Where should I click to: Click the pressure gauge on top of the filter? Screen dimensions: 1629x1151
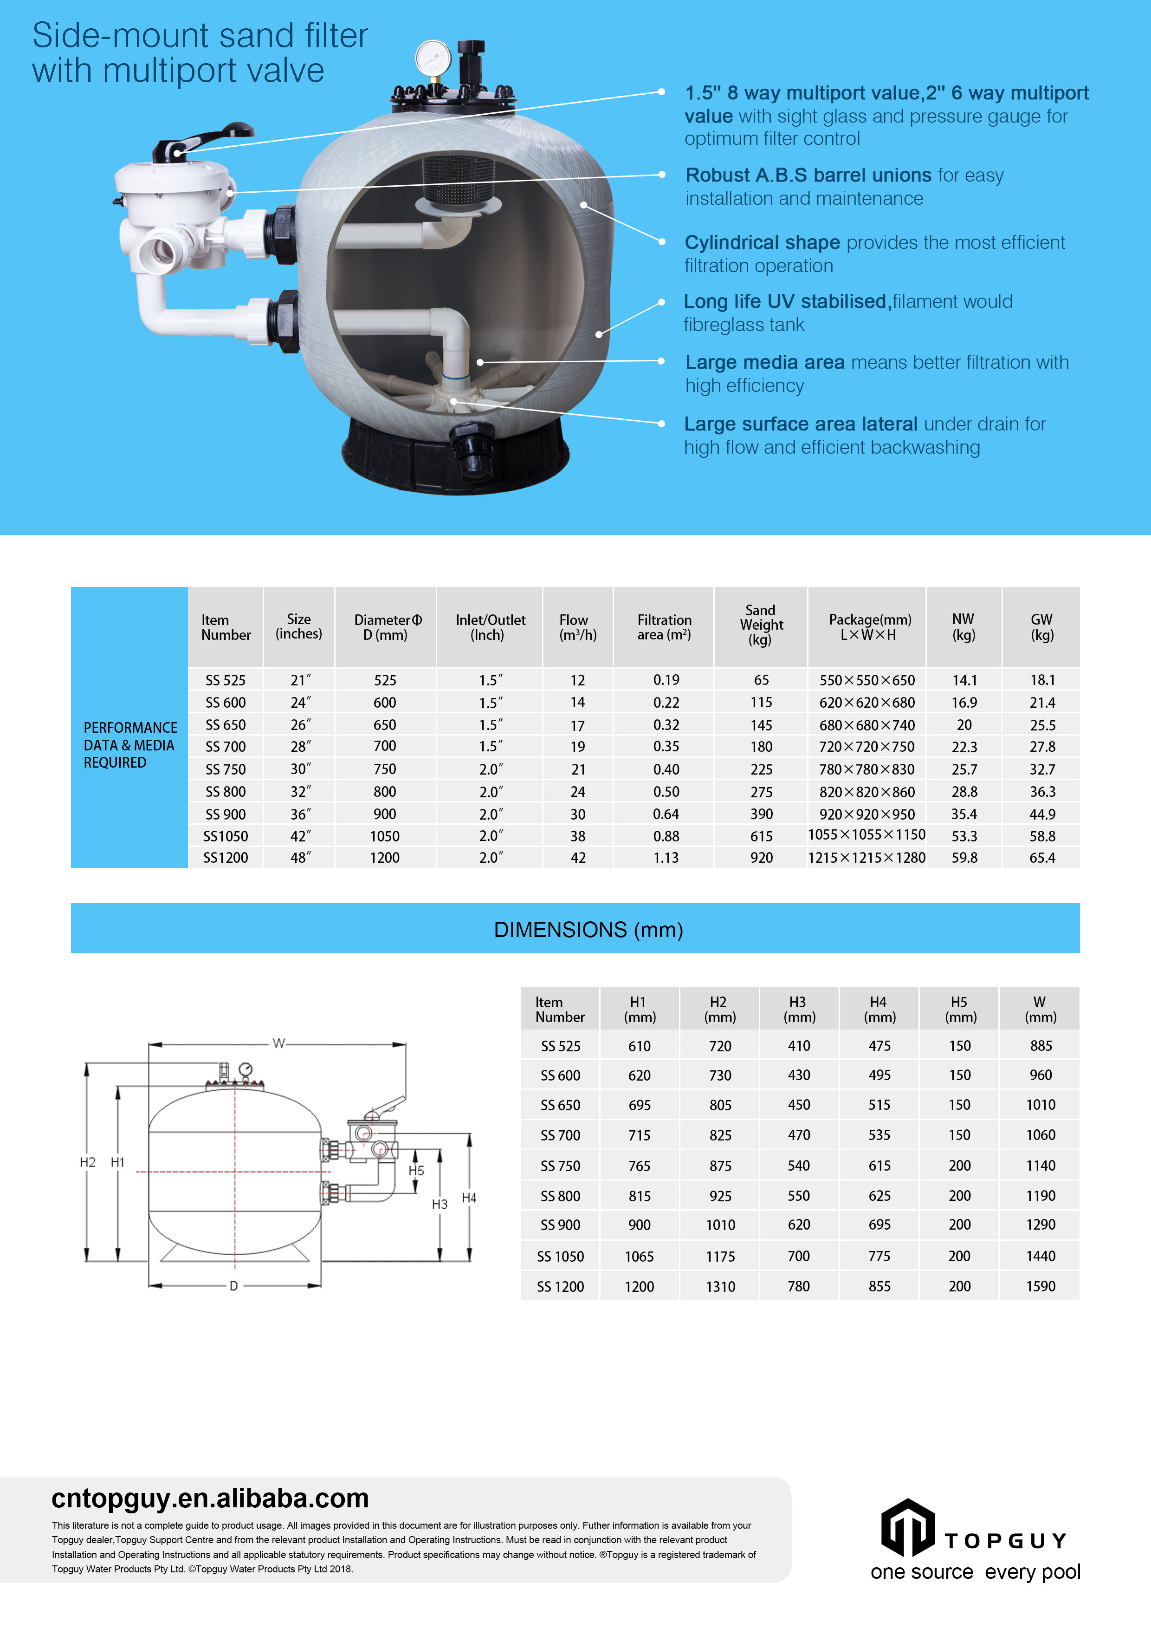click(x=433, y=58)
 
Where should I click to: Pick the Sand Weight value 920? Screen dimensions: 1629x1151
click(x=761, y=858)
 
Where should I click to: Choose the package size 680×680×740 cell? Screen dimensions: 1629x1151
click(x=866, y=725)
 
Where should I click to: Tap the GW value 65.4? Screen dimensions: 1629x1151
click(x=1042, y=858)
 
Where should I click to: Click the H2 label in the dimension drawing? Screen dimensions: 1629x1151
click(x=87, y=1162)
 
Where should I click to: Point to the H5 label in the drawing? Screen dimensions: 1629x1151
click(x=416, y=1171)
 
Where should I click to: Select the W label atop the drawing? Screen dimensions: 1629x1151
click(x=279, y=1043)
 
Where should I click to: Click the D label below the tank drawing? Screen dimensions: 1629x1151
click(x=233, y=1286)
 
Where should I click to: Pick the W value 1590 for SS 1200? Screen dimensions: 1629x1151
click(x=1041, y=1286)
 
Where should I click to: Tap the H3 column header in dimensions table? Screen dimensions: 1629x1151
click(x=799, y=1009)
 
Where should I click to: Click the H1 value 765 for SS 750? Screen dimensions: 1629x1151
click(x=639, y=1166)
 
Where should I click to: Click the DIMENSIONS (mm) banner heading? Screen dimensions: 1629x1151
click(x=588, y=930)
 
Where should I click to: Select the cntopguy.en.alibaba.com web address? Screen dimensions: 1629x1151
click(x=210, y=1498)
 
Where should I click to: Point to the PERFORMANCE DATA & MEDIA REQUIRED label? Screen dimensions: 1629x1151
click(x=130, y=745)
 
